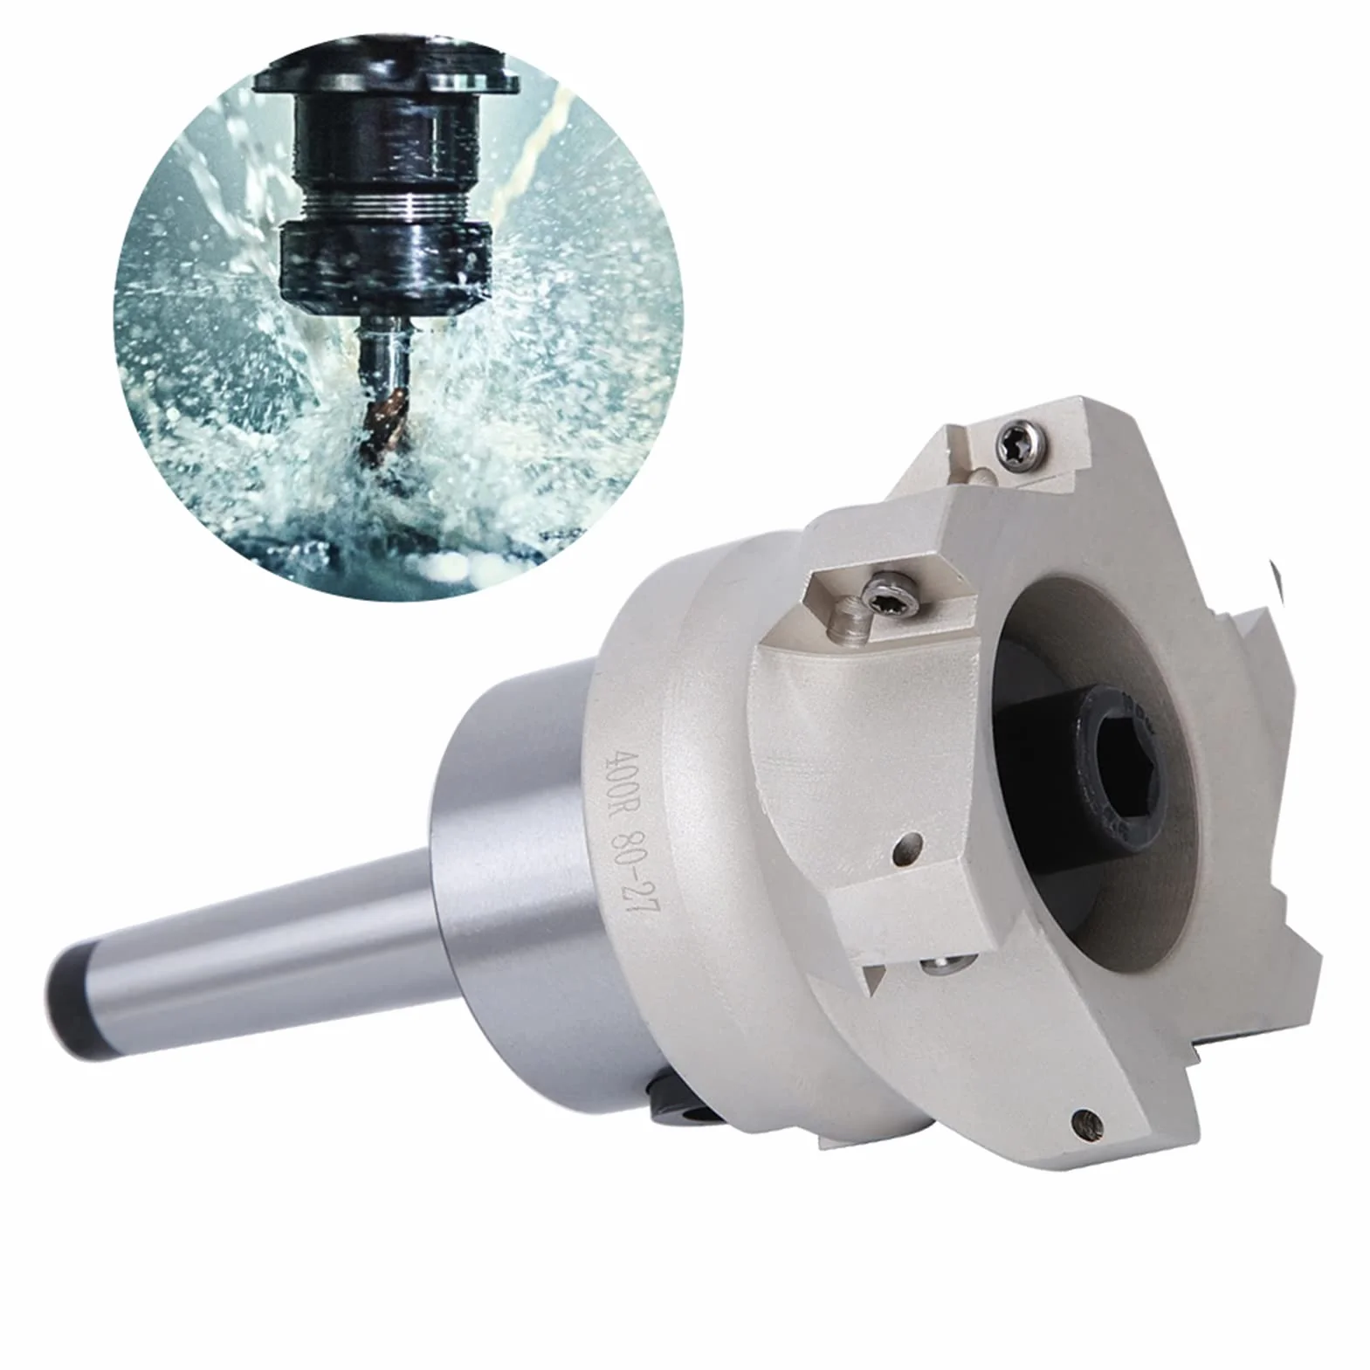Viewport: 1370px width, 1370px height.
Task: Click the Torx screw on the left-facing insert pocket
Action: point(888,595)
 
